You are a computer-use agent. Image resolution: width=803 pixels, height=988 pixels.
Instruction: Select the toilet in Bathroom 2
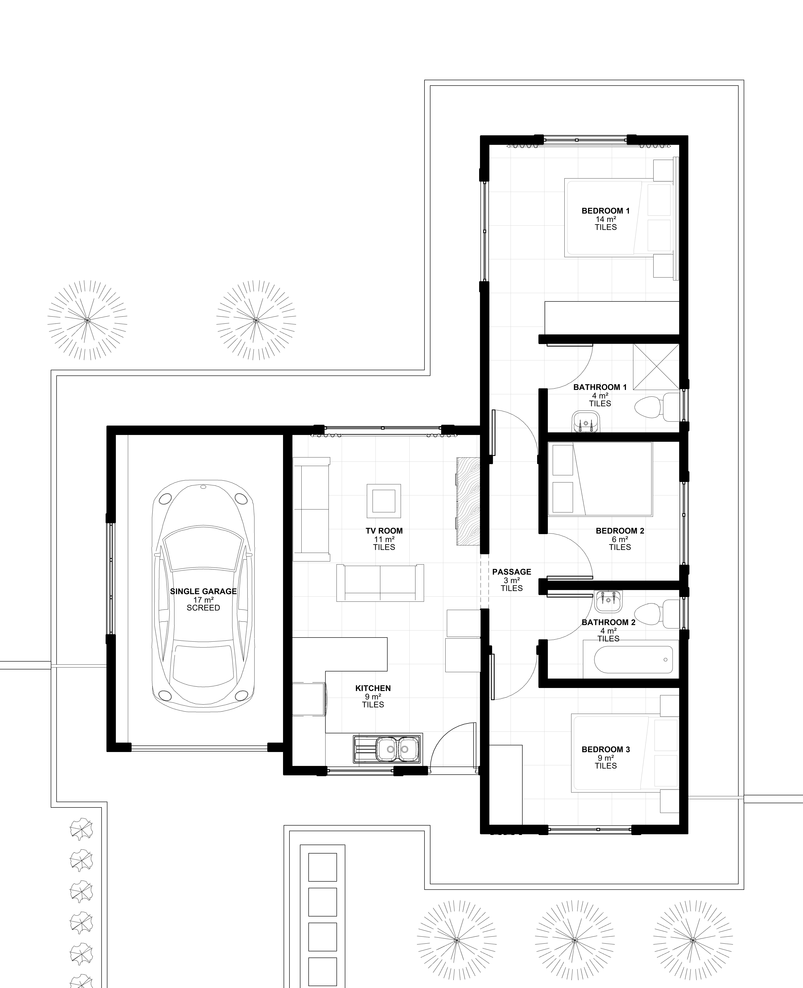tap(657, 614)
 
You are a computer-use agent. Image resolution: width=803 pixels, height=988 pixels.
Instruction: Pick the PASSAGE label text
tap(512, 572)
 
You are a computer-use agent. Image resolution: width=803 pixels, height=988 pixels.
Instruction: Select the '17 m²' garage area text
tap(203, 600)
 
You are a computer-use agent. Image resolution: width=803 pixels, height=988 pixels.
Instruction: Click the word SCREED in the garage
tap(203, 608)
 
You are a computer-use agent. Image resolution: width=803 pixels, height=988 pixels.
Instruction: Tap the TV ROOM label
tap(384, 531)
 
